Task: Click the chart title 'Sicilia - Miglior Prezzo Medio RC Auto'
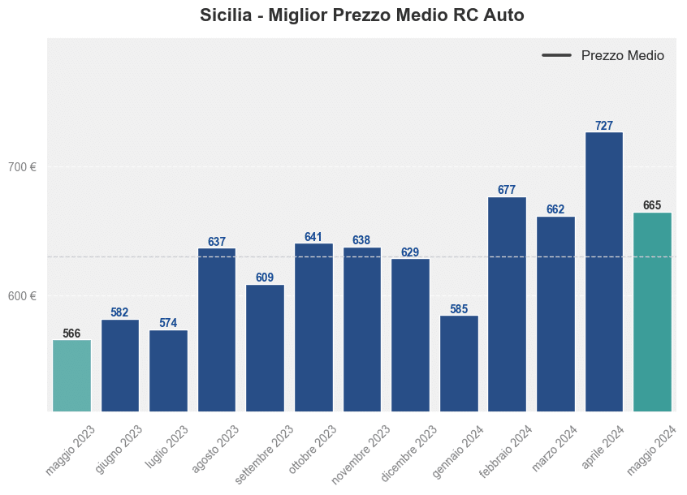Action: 361,15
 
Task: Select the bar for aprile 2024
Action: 603,272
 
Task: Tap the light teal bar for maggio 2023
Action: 71,376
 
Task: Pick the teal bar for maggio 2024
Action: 652,312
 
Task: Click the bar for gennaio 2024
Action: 459,364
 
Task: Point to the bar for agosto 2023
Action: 217,330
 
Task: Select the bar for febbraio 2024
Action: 507,304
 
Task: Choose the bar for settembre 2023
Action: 265,348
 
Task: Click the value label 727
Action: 603,126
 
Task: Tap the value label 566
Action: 71,334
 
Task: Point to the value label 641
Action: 313,237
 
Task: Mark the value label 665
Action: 652,205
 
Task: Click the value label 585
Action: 459,309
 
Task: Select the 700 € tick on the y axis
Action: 22,167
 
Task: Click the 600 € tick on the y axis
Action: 22,295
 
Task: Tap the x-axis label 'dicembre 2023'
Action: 410,453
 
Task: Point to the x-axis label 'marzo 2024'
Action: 555,448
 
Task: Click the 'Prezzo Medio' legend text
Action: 622,56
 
